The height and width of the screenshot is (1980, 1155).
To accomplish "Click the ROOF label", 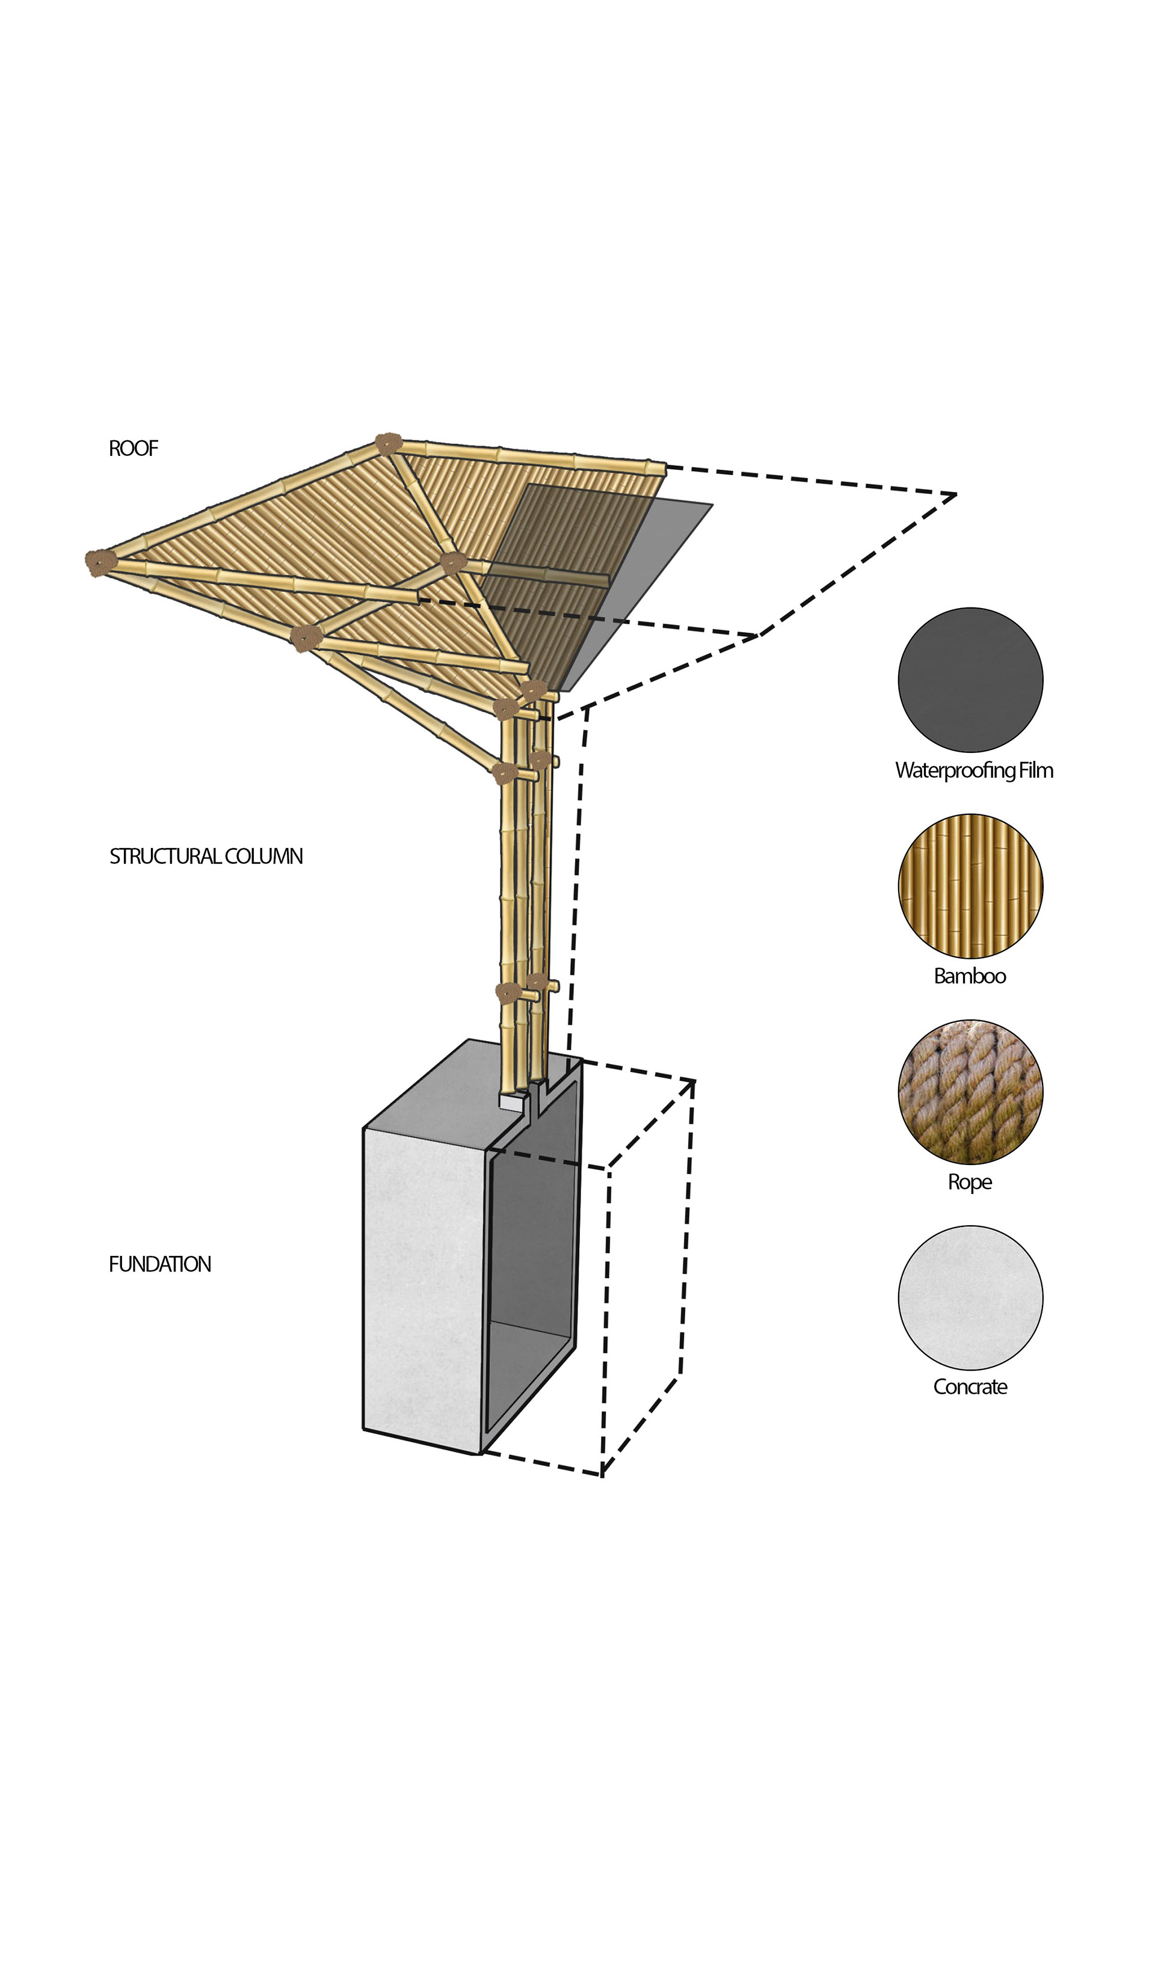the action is coord(134,448).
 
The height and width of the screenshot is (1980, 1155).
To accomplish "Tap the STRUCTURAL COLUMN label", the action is coord(206,856).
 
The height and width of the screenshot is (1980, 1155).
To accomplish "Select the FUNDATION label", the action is coord(160,1264).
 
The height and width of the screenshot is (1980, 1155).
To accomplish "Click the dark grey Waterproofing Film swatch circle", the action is coord(970,680).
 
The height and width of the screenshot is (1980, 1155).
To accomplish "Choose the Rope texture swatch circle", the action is coord(970,1092).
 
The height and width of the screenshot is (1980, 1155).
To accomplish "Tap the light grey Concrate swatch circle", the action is coord(970,1298).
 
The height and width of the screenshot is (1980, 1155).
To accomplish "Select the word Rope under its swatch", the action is coord(970,1182).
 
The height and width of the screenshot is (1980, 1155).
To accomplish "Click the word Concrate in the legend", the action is coord(970,1388).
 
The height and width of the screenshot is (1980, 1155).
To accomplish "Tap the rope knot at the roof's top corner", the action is coord(387,443).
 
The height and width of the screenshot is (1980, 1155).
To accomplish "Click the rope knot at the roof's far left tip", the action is coord(100,562).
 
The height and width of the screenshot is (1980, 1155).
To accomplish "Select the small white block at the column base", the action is coord(511,1102).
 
